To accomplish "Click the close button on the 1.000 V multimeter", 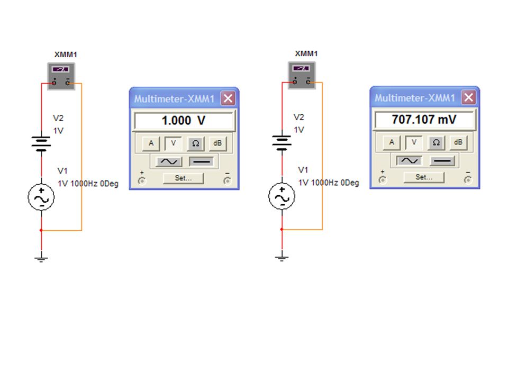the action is (228, 98).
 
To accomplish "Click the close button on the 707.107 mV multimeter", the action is (469, 97).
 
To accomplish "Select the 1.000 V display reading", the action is (184, 121).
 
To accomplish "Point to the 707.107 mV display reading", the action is (424, 120).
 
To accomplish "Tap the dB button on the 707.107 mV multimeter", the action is (458, 142).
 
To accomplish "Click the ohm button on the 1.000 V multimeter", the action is (195, 143).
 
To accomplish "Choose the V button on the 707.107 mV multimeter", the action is (414, 142).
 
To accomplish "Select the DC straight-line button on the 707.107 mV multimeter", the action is (442, 160).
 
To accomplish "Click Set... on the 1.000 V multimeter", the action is (184, 178).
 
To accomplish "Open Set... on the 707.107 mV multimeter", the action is (424, 177).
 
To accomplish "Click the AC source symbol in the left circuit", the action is (41, 197).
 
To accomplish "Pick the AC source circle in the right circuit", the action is (282, 196).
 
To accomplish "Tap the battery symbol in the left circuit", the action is (41, 143).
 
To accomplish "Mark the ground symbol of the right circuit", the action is (282, 258).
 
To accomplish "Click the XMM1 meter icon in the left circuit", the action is (61, 76).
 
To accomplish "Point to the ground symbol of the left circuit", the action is (41, 259).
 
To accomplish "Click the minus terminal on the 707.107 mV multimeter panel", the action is (468, 179).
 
